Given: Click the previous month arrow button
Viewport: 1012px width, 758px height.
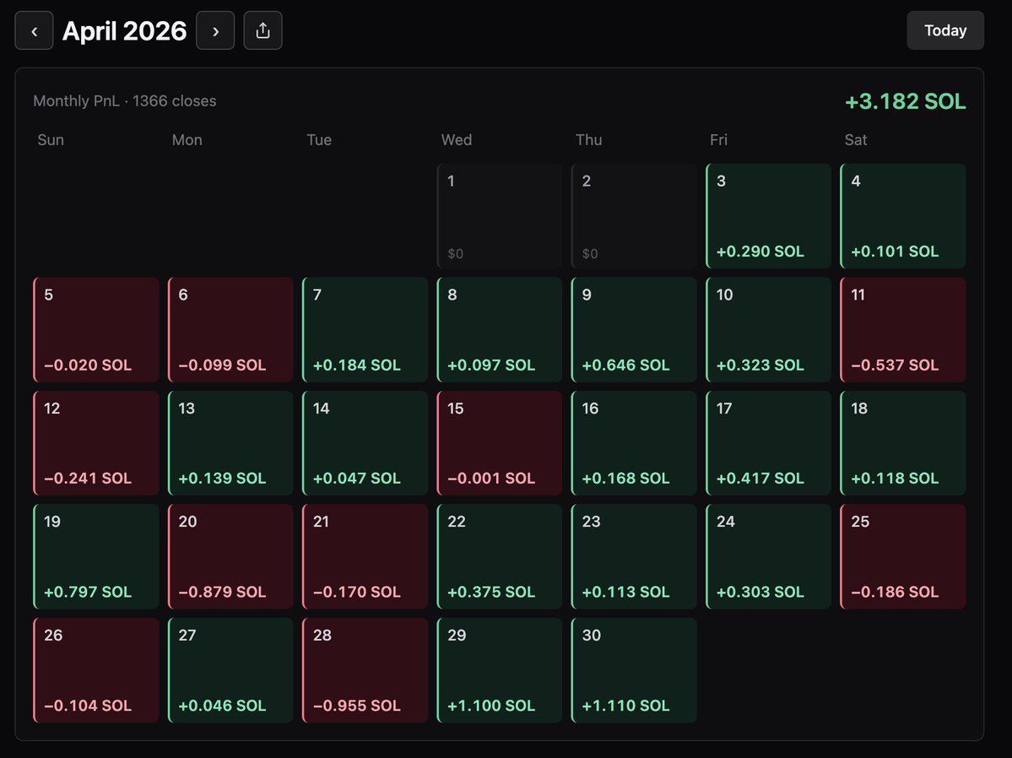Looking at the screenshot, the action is click(35, 30).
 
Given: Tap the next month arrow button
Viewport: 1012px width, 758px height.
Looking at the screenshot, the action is click(215, 30).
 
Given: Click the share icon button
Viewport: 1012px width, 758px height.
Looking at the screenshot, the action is click(262, 30).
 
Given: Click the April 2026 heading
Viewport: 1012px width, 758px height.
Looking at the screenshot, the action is click(125, 31).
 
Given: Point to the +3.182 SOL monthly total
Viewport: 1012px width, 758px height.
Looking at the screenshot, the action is click(905, 101).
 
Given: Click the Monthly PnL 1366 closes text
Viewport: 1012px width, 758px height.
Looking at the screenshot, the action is click(125, 100).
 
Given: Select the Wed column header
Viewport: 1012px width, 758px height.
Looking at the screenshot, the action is click(457, 139).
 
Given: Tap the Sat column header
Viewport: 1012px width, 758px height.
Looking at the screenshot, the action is click(856, 139).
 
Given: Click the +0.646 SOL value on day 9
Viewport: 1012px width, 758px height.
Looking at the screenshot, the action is click(625, 365).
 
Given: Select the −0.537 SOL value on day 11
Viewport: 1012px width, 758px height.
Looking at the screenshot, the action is click(895, 365).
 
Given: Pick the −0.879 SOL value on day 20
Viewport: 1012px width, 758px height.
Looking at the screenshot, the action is click(222, 592).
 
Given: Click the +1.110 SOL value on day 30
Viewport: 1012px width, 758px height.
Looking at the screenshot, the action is click(625, 705).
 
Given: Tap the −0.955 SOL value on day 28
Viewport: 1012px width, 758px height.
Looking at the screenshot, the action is click(356, 705).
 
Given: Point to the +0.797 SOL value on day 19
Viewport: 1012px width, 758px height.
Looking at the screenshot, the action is click(88, 592).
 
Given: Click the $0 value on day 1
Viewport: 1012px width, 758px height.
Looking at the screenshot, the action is click(456, 253).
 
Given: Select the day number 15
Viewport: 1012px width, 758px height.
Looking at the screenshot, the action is click(456, 408).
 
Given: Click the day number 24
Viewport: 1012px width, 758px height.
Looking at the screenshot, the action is click(725, 521).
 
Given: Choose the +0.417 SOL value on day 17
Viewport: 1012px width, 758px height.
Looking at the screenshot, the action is click(760, 478).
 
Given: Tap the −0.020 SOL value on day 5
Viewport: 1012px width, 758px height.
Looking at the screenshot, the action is click(88, 365).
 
